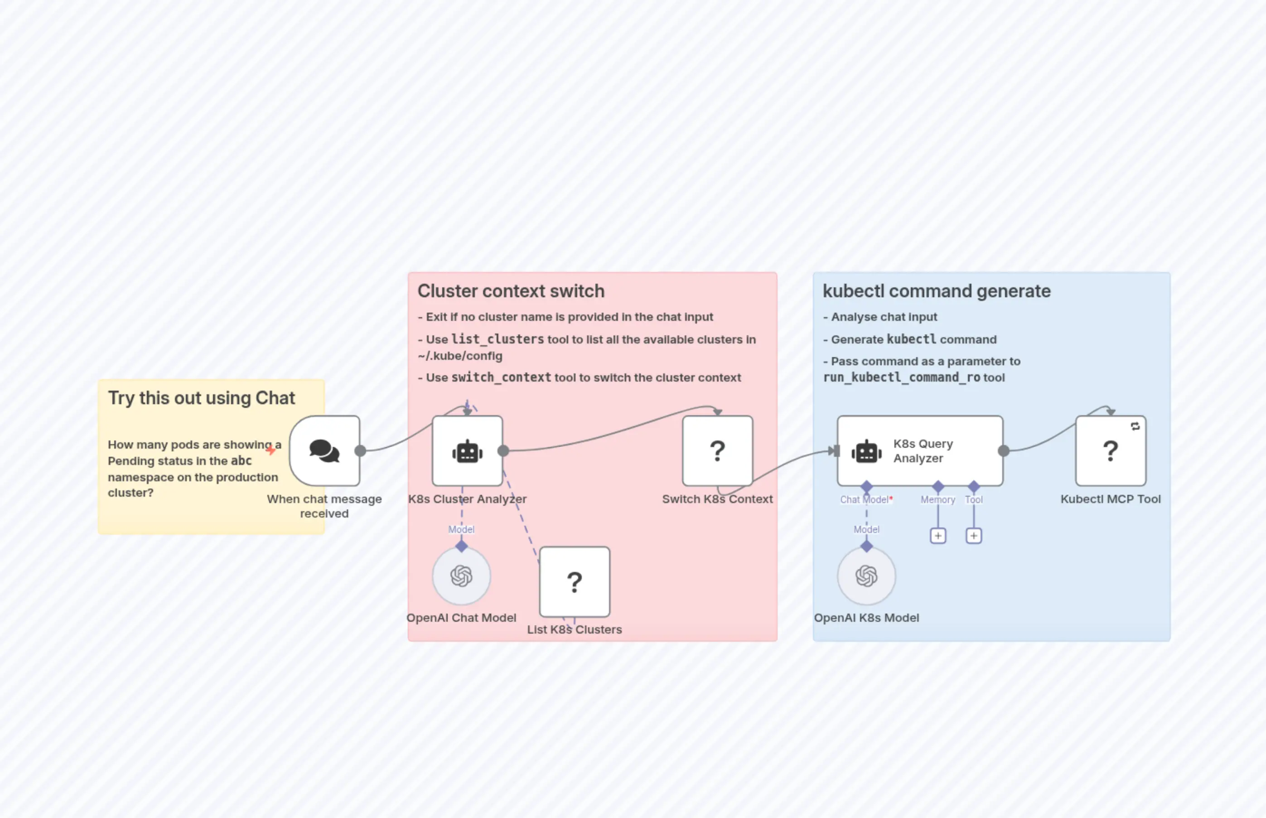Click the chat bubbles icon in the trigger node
tap(324, 451)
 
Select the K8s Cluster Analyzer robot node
tap(467, 451)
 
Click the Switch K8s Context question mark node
tap(717, 451)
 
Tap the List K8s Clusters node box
tap(574, 581)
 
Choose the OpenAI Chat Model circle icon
tap(461, 576)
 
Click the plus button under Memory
tap(938, 535)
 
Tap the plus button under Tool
tap(973, 535)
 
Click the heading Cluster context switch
tap(510, 291)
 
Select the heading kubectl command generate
tap(936, 291)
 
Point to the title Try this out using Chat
tap(201, 398)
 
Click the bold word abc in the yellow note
tap(241, 460)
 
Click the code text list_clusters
tap(497, 339)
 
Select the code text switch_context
tap(501, 377)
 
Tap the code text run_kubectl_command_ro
tap(901, 377)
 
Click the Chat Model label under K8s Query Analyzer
tap(864, 499)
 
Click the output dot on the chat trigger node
tap(360, 451)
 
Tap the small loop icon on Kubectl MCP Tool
tap(1135, 426)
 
